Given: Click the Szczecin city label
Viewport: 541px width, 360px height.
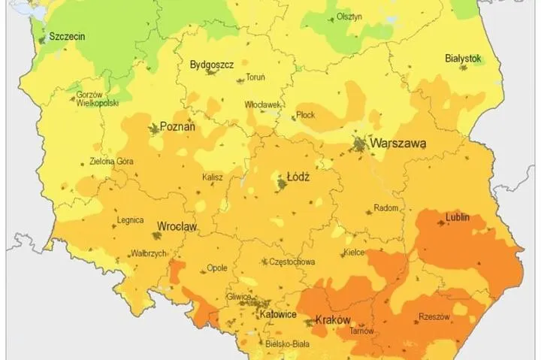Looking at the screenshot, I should (66, 35).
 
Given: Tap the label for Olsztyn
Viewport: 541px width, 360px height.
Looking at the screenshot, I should (349, 17).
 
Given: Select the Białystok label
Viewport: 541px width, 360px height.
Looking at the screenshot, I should (462, 57).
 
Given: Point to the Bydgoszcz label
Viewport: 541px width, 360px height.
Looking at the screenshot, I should (210, 64).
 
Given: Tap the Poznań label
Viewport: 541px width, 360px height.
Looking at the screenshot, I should (177, 128).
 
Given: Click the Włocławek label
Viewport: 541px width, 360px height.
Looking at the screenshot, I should (262, 105).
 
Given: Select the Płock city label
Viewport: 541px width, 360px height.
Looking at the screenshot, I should (306, 115).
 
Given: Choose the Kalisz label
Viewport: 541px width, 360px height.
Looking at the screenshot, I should (213, 177).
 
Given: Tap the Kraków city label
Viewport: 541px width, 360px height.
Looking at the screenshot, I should (333, 319).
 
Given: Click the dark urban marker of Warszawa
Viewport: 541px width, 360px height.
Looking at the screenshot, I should (363, 143).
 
